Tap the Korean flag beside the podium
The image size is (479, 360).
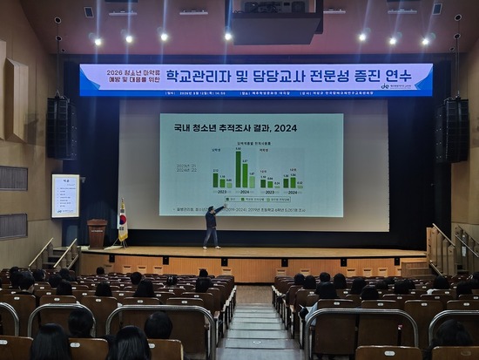pos(123,221)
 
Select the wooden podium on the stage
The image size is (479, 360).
pos(97,233)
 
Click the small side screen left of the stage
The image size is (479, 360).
pos(65,195)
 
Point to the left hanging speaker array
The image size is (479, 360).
pos(61,127)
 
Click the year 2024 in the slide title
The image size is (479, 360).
pos(285,129)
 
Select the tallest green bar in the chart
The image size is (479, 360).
pos(238,169)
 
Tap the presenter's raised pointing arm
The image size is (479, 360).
pos(219,209)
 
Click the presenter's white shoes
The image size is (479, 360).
pos(210,247)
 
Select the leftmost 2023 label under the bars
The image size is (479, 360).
pos(220,191)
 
